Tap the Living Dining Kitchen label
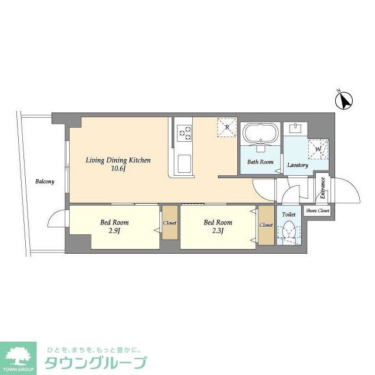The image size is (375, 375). (118, 160)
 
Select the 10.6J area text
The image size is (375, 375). (118, 169)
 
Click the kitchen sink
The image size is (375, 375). (184, 163)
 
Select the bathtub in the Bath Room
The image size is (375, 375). (260, 134)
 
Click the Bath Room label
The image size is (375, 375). (260, 162)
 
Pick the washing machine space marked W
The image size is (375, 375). (319, 149)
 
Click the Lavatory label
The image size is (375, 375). (298, 165)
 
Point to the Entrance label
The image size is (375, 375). (322, 189)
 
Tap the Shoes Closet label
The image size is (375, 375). (317, 210)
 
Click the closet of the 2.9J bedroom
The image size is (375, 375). (170, 223)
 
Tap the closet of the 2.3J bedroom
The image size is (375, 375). (266, 224)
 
